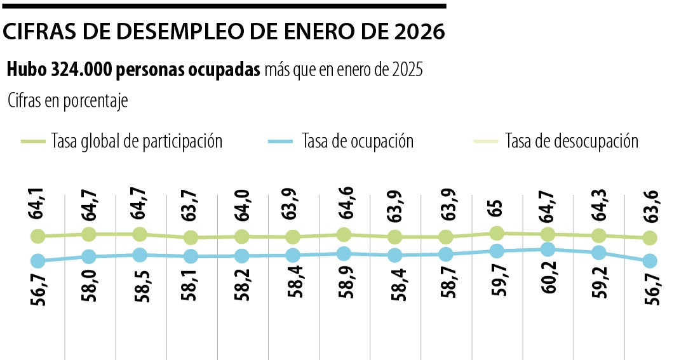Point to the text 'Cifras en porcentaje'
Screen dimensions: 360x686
(x=68, y=101)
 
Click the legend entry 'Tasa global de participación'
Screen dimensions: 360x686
(x=137, y=141)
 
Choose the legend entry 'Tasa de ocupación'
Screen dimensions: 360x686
(x=358, y=141)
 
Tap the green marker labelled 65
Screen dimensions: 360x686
(x=497, y=233)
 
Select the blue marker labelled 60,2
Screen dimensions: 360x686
(x=548, y=250)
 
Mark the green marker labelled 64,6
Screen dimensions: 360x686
(x=344, y=234)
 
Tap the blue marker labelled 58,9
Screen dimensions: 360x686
(x=344, y=253)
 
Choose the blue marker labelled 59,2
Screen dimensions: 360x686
(x=598, y=253)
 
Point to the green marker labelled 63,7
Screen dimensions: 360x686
(x=190, y=237)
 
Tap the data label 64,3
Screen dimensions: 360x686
(x=597, y=201)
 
